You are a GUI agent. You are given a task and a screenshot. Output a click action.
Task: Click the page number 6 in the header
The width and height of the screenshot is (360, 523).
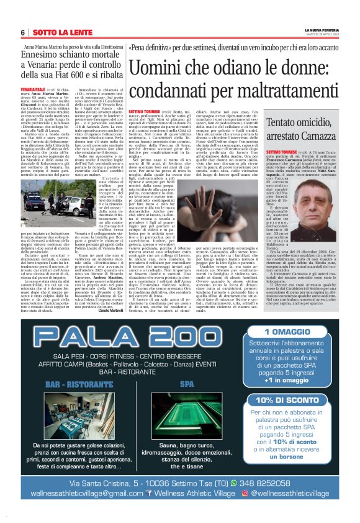click(22, 33)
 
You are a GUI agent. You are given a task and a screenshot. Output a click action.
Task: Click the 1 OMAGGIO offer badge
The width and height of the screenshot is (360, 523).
click(290, 332)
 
